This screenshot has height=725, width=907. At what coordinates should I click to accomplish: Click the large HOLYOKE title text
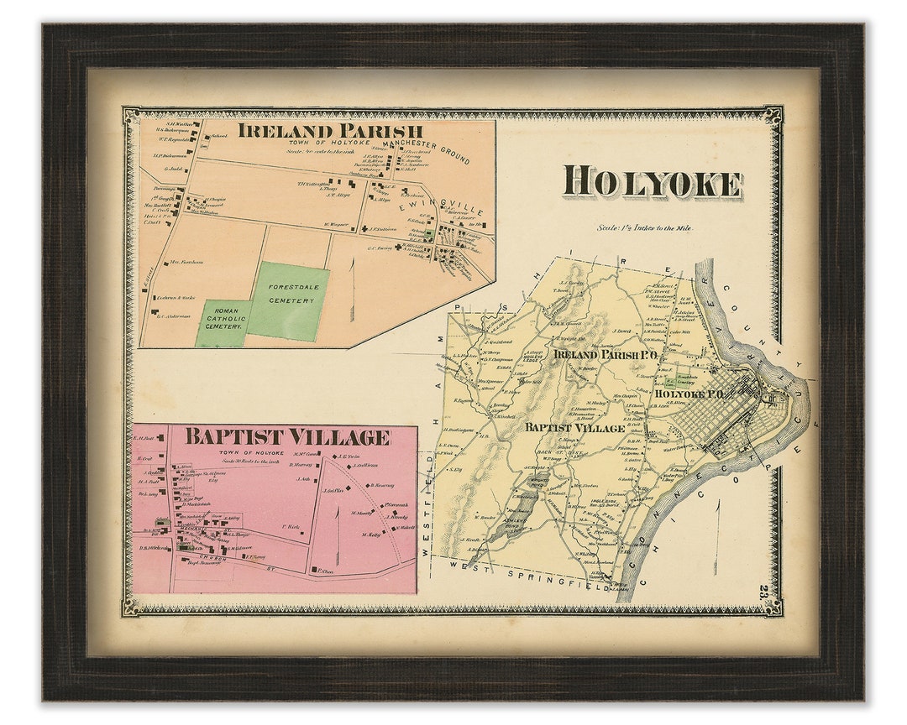653,184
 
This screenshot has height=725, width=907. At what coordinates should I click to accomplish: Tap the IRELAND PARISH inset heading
330,131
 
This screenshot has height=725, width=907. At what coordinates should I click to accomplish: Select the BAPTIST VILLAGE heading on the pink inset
287,437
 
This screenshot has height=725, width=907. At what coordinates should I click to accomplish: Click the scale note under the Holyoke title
645,227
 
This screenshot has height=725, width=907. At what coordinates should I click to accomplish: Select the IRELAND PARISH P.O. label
605,354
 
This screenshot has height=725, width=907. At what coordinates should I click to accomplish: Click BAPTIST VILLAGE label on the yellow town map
575,428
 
